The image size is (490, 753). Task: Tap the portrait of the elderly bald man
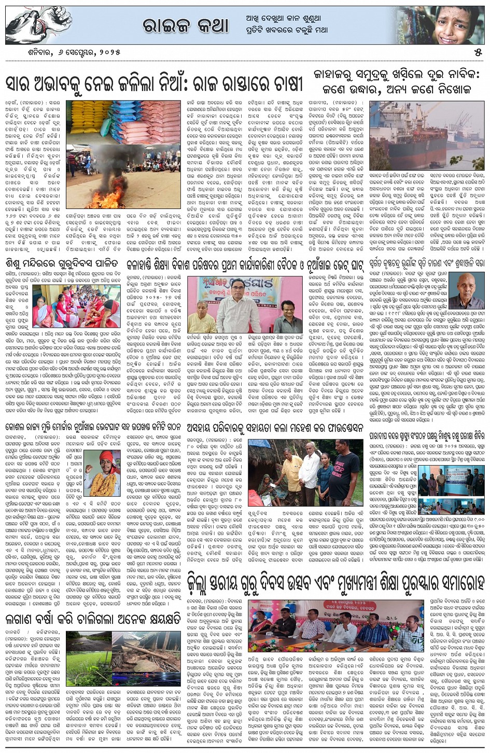coord(464,290)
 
